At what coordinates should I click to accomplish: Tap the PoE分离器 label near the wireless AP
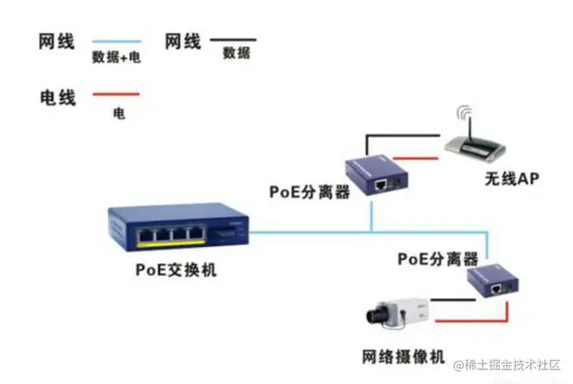pos(310,192)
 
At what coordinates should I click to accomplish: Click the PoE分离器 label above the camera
pos(438,260)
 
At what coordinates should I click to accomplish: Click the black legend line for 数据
pos(233,39)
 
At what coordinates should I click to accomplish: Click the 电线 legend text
pos(57,95)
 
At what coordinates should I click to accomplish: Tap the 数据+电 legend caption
pos(116,57)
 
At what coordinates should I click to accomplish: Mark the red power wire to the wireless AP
pos(425,158)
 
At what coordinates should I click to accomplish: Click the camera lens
pos(373,314)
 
